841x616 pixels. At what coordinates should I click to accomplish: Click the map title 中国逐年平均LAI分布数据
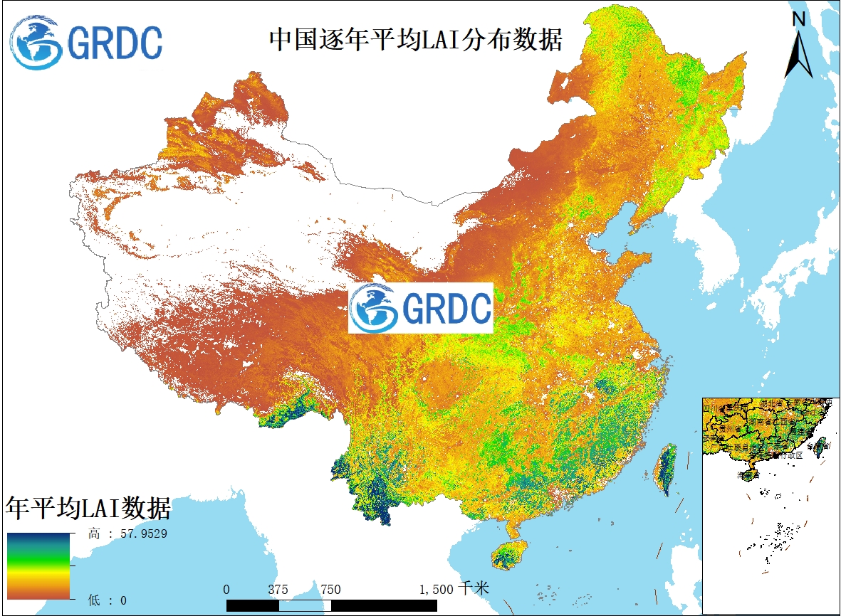[x=415, y=40]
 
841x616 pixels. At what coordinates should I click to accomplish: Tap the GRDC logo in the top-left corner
[x=86, y=43]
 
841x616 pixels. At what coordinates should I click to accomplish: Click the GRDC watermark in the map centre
[x=421, y=308]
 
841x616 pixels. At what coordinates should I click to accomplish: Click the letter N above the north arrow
[x=799, y=20]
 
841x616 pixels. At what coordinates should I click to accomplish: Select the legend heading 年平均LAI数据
[x=88, y=509]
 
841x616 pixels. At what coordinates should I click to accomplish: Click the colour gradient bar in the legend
[x=38, y=566]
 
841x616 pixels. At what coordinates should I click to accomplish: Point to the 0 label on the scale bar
[x=226, y=589]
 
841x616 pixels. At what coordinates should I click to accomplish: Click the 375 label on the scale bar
[x=278, y=589]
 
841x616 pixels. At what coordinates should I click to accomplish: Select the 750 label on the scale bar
[x=330, y=589]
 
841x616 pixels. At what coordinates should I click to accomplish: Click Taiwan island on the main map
[x=666, y=469]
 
